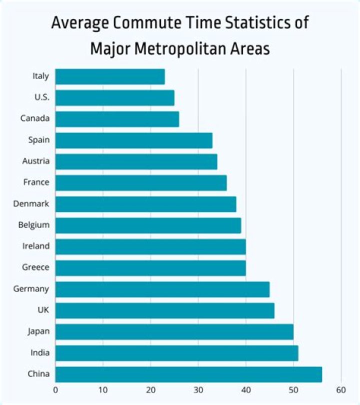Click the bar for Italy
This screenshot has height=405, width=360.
click(x=110, y=76)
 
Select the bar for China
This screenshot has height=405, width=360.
click(x=188, y=374)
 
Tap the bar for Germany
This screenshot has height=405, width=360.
click(x=162, y=289)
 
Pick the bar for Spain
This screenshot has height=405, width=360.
click(x=133, y=140)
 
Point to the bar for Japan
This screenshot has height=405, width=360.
click(x=174, y=331)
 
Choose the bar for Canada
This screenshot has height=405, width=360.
click(x=117, y=119)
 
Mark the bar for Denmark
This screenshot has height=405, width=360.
click(x=145, y=204)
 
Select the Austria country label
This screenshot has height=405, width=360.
click(x=35, y=161)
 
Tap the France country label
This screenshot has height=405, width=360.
click(x=36, y=182)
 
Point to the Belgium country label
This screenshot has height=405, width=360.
click(x=34, y=224)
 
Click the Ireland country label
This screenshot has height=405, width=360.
click(x=35, y=246)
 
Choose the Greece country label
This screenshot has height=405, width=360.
click(x=35, y=267)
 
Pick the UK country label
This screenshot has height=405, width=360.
click(x=43, y=310)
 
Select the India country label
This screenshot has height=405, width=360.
click(x=39, y=352)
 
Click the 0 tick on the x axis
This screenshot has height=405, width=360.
click(x=55, y=389)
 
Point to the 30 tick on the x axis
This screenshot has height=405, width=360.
click(x=198, y=389)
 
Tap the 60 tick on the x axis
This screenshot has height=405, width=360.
click(x=341, y=389)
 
